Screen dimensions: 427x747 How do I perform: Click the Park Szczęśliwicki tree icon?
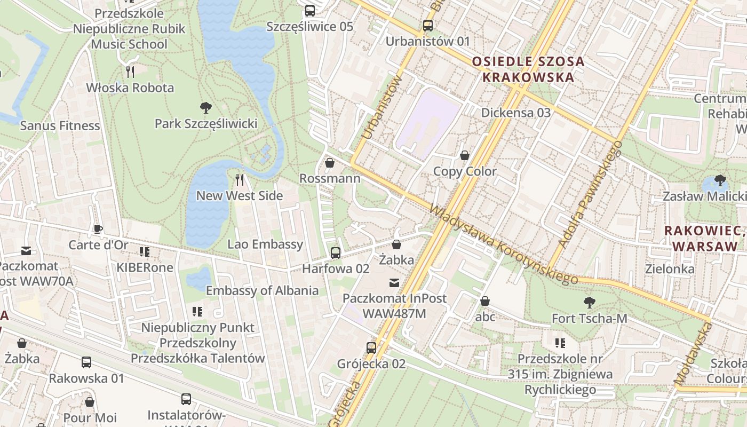(x=205, y=108)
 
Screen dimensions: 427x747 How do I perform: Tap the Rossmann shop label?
(x=330, y=178)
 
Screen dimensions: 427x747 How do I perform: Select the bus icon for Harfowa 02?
(x=335, y=252)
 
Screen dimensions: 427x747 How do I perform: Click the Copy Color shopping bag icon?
(x=465, y=155)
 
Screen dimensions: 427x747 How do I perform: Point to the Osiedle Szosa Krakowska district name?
(x=528, y=69)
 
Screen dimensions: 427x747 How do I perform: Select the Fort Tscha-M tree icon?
(x=589, y=303)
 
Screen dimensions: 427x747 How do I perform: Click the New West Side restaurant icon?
(x=240, y=179)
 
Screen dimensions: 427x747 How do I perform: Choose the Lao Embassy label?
(x=265, y=244)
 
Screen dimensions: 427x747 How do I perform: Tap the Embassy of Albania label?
(x=262, y=291)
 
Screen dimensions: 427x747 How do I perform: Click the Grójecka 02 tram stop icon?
(x=371, y=348)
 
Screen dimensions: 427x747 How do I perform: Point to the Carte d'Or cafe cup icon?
(x=98, y=230)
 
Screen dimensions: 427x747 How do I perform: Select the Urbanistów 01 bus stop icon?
(x=427, y=25)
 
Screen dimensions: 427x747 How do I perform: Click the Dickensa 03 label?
(x=515, y=113)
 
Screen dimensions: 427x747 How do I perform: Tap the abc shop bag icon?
(x=485, y=301)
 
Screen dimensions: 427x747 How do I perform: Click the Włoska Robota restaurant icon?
(x=130, y=71)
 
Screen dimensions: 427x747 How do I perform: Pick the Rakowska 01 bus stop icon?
(x=86, y=362)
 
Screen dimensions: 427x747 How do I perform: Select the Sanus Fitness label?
(x=60, y=126)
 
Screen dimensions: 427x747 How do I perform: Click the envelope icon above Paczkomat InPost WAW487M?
(x=394, y=282)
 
